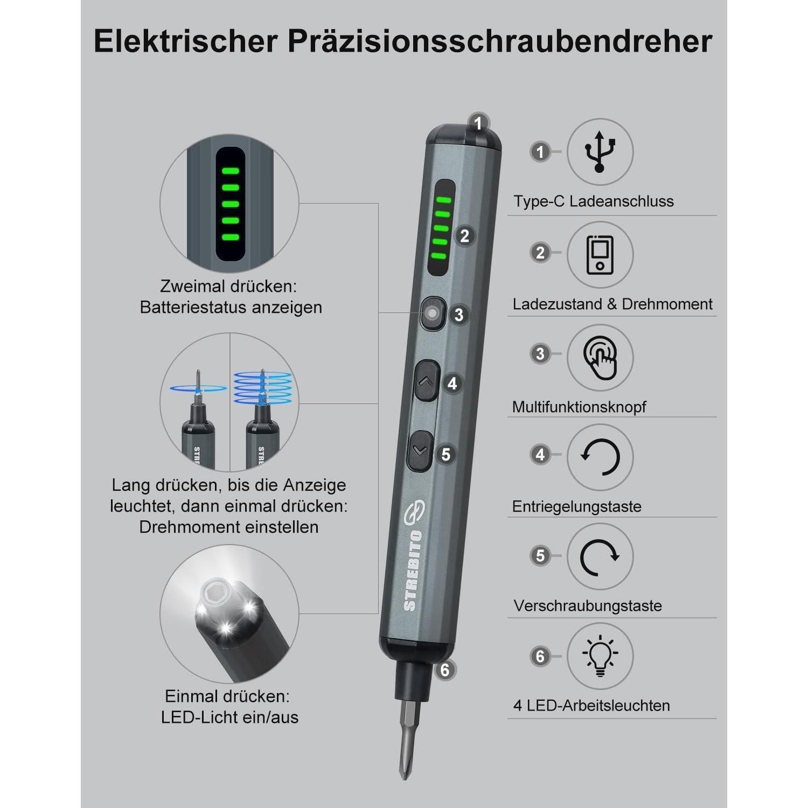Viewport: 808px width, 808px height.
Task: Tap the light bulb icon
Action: pyautogui.click(x=600, y=656)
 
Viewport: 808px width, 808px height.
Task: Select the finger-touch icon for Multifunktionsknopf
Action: pyautogui.click(x=600, y=358)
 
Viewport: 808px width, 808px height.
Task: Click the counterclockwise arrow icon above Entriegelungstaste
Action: pyautogui.click(x=600, y=457)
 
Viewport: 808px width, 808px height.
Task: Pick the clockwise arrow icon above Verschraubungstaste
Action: pyautogui.click(x=600, y=556)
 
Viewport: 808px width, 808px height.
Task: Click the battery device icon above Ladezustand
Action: pyautogui.click(x=600, y=254)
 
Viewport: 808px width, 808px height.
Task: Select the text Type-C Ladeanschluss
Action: pyautogui.click(x=594, y=201)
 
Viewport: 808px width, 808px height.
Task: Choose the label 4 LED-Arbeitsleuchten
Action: pyautogui.click(x=591, y=706)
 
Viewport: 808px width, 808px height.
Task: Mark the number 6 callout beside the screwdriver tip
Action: pyautogui.click(x=445, y=670)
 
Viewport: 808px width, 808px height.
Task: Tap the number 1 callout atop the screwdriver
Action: pyautogui.click(x=478, y=124)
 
